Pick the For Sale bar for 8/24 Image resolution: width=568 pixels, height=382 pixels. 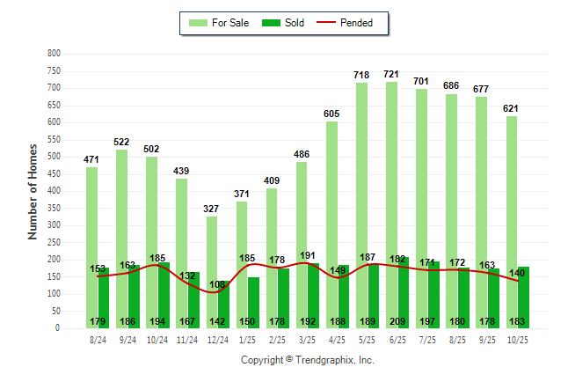92,247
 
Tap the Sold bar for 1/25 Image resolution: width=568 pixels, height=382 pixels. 254,303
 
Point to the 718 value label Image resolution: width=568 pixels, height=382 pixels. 361,75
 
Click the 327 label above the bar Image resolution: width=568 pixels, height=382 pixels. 212,209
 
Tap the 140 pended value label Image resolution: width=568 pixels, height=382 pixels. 518,274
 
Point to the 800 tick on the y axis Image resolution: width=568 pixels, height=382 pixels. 54,54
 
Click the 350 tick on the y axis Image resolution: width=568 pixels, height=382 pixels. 54,209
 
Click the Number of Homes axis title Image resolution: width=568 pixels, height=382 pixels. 33,191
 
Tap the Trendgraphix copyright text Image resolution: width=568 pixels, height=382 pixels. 308,360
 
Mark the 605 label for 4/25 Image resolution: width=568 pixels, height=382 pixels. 331,114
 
